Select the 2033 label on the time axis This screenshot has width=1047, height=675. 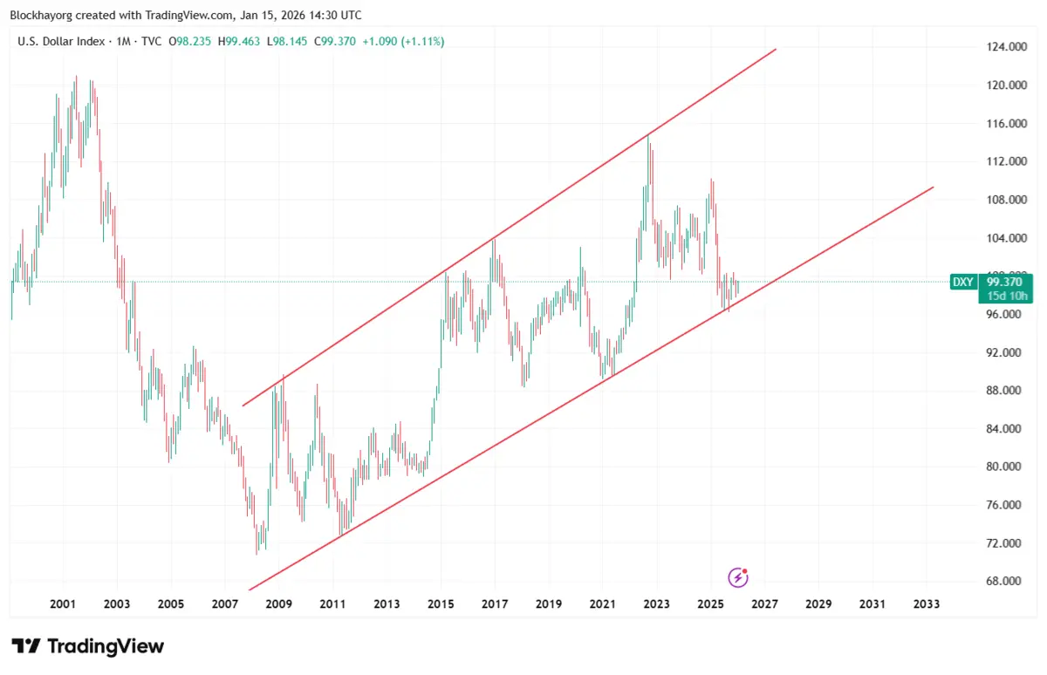click(x=926, y=603)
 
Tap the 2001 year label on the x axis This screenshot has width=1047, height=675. click(x=62, y=603)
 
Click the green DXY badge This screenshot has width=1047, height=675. click(x=962, y=282)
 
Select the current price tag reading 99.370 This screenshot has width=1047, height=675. click(x=1004, y=282)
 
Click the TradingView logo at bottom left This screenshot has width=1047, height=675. click(x=88, y=646)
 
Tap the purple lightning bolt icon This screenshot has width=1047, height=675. click(x=738, y=577)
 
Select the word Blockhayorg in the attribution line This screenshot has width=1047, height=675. click(x=40, y=15)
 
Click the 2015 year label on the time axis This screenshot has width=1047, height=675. click(x=441, y=603)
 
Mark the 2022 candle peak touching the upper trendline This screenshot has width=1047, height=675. click(x=648, y=137)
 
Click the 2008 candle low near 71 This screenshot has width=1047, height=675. click(x=257, y=553)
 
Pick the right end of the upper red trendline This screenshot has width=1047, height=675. click(x=775, y=50)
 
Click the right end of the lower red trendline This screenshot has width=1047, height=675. click(x=933, y=187)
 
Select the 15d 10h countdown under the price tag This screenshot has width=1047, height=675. click(x=1004, y=296)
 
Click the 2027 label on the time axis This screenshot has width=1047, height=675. click(x=764, y=603)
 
